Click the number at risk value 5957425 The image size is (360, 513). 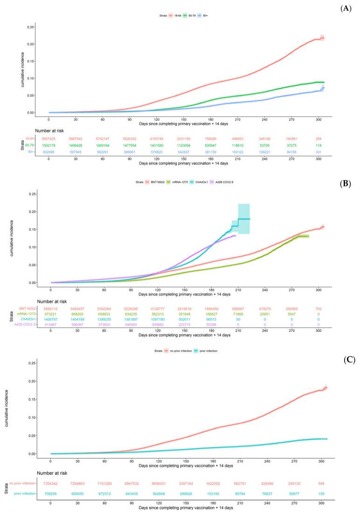tap(49, 139)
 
